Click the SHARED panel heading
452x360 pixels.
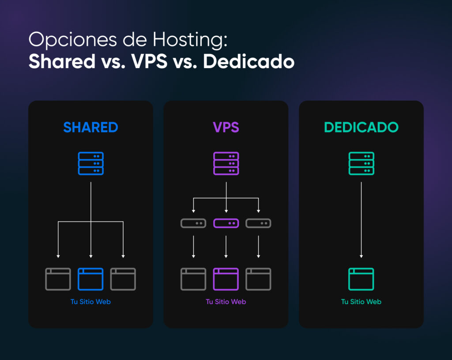point(90,128)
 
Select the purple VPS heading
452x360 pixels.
point(226,128)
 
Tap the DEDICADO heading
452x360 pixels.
point(361,128)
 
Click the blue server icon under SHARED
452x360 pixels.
point(90,163)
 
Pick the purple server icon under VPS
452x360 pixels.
point(226,163)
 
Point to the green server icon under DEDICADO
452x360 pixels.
point(361,163)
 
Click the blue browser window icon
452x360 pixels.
point(90,279)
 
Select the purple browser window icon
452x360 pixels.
point(226,279)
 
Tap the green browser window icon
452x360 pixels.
point(361,279)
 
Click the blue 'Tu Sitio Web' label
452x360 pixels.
point(90,302)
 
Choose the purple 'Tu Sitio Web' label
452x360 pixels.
point(226,302)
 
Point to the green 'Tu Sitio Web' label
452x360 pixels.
point(361,302)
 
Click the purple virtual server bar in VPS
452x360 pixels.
point(226,224)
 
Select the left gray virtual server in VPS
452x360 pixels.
point(193,224)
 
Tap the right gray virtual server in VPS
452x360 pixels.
point(258,224)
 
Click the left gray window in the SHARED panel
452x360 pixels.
point(58,279)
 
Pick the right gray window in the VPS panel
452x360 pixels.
point(258,279)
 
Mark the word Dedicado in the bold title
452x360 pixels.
point(249,62)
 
